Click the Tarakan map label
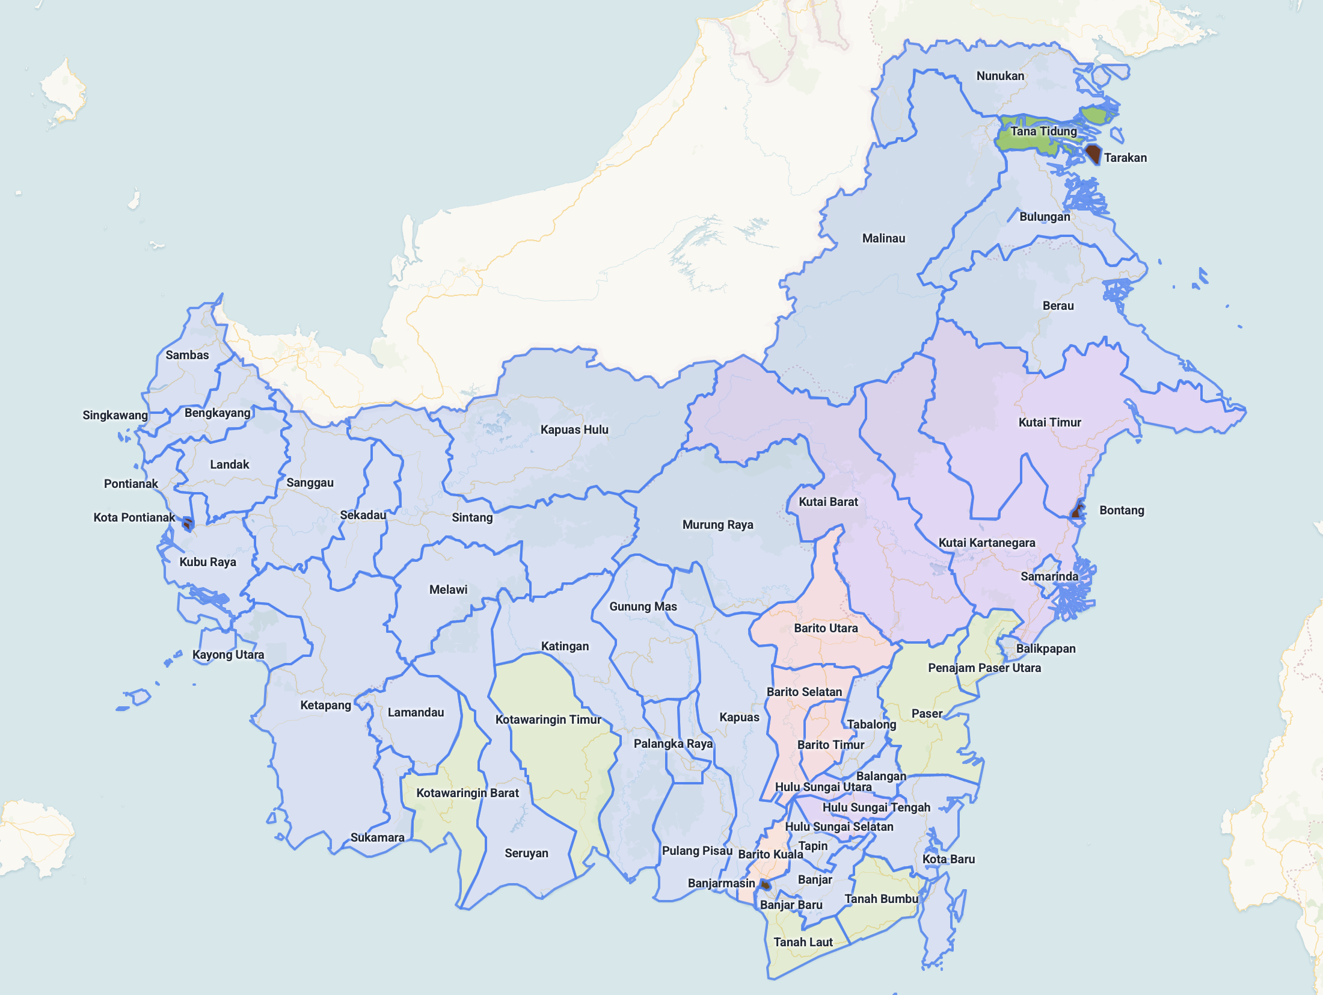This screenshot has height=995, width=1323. click(1125, 158)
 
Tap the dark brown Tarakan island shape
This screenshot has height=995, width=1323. click(1093, 153)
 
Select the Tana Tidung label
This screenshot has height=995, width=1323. click(1043, 131)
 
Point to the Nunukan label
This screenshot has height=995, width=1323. click(1000, 76)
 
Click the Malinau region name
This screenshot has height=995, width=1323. click(883, 238)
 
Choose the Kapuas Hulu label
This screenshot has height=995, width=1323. click(574, 430)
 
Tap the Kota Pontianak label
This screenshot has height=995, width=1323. click(134, 517)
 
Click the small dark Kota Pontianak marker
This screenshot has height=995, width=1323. click(188, 524)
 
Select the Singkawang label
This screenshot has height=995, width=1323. click(115, 415)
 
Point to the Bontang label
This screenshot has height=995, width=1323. click(1122, 510)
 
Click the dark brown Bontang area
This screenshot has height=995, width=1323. click(1078, 512)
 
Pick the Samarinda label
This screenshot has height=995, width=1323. click(1049, 576)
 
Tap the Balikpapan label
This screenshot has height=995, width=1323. click(1046, 648)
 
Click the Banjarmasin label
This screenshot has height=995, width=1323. click(721, 883)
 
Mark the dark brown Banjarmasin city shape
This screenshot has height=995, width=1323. click(765, 885)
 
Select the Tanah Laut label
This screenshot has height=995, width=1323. click(803, 942)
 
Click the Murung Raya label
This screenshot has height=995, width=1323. click(717, 525)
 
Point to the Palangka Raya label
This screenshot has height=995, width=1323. click(673, 744)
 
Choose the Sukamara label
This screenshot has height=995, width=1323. click(377, 837)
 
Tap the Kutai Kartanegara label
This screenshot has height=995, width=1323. click(987, 543)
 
